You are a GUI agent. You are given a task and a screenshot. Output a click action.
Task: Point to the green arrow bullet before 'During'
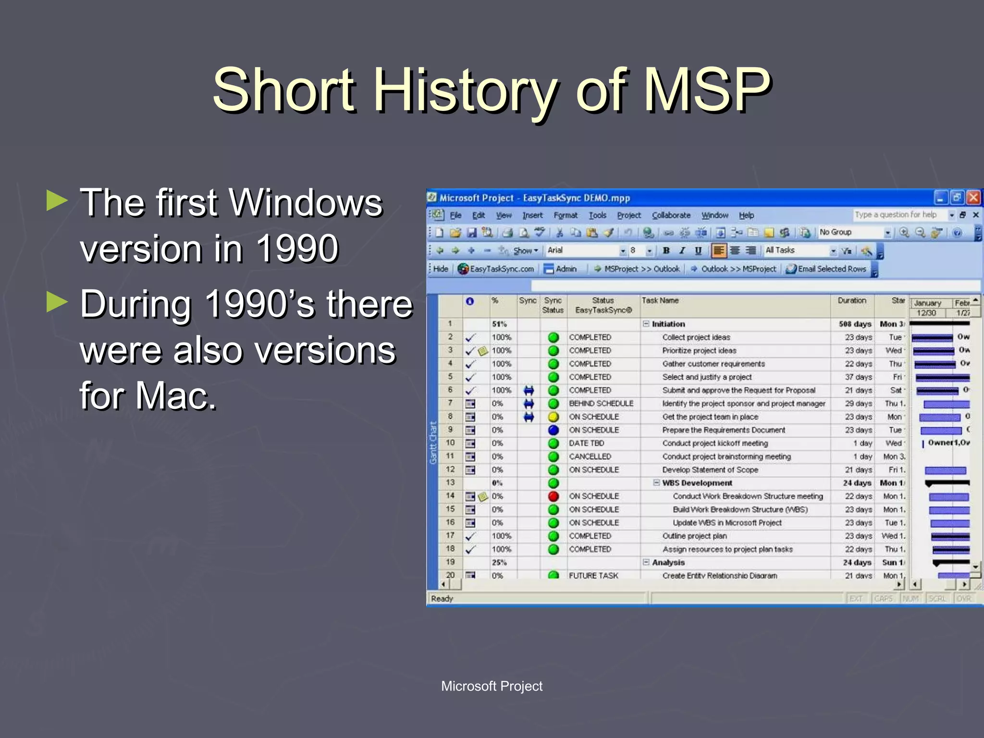pos(57,303)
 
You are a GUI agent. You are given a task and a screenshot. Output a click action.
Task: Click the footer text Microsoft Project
pos(492,686)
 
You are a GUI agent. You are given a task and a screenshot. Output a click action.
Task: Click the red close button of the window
pos(973,197)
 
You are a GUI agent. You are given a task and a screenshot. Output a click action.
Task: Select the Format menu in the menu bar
pos(566,215)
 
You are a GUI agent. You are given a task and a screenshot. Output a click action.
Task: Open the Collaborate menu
pos(671,215)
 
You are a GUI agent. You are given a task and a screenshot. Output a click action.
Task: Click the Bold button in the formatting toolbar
pos(666,250)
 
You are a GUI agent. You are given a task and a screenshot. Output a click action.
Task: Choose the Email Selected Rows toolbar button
pos(826,269)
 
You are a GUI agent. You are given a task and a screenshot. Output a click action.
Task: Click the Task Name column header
pos(660,301)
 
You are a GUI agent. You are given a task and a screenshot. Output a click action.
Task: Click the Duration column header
pos(852,301)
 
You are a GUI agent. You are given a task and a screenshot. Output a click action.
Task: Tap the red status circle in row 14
pos(553,496)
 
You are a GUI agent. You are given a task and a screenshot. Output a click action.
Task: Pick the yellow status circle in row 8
pos(553,417)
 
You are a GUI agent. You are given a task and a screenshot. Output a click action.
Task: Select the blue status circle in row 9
pos(553,430)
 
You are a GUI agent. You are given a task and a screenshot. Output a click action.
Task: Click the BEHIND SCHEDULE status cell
pos(601,404)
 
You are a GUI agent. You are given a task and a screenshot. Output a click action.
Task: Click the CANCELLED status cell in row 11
pos(590,456)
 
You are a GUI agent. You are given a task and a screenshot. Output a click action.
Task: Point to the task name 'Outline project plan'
pos(694,536)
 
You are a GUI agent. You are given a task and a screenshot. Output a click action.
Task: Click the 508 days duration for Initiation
pos(855,324)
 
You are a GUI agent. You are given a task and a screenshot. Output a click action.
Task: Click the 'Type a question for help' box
pos(896,215)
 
